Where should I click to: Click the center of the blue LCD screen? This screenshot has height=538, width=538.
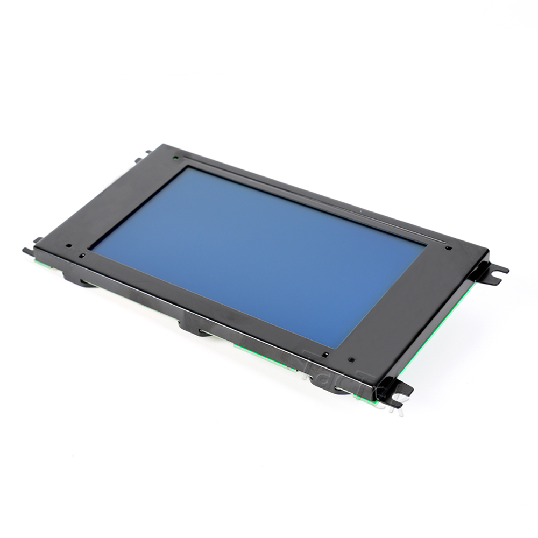click(x=258, y=253)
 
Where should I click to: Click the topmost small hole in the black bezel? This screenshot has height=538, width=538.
click(x=176, y=158)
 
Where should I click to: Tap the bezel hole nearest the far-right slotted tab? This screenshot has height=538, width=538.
click(x=448, y=249)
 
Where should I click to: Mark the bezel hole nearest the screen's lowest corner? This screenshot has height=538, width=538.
click(x=325, y=355)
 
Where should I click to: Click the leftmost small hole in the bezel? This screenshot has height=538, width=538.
click(x=69, y=247)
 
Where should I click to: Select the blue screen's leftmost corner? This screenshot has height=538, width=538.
click(x=89, y=250)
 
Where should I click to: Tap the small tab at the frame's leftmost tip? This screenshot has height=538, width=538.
click(x=27, y=251)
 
